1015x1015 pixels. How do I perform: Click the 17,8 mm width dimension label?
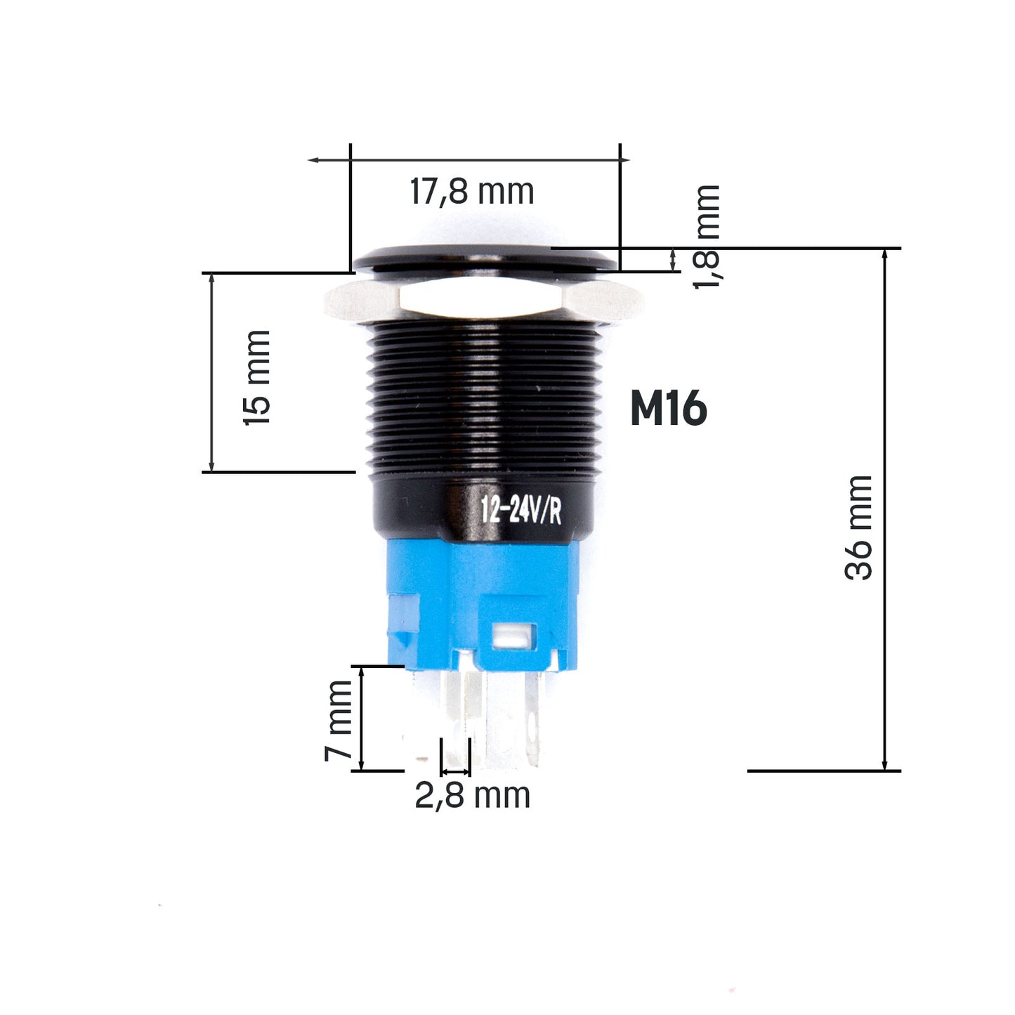471,192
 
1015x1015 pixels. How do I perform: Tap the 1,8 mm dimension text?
707,237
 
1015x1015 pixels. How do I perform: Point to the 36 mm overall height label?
858,528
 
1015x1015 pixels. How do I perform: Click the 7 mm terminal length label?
339,720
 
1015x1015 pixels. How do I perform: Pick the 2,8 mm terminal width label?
471,796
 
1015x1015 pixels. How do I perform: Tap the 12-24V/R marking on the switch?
520,511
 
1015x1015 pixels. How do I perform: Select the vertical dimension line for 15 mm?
211,372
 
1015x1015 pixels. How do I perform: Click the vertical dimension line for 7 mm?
362,718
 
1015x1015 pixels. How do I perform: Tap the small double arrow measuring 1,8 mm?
674,259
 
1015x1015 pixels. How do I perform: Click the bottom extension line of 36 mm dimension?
822,771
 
